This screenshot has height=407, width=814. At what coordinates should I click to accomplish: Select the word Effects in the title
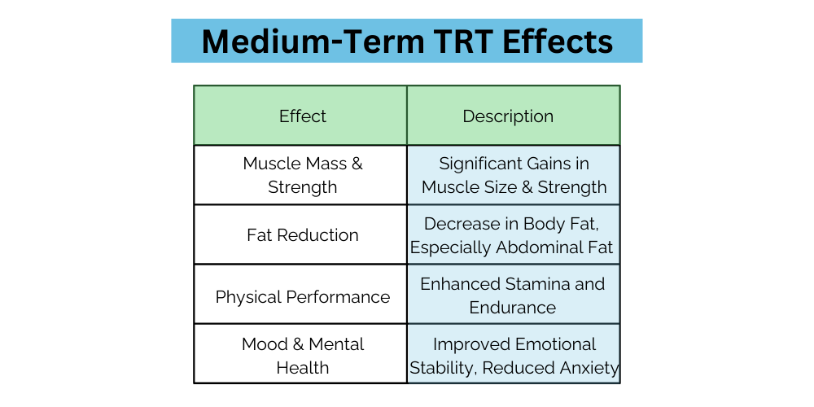click(x=558, y=41)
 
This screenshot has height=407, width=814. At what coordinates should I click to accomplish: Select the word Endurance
click(x=513, y=308)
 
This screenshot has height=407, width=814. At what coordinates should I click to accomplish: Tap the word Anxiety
click(x=589, y=368)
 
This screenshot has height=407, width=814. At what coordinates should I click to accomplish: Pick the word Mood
click(x=264, y=344)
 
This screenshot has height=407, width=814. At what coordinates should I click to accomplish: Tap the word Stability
click(x=443, y=368)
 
